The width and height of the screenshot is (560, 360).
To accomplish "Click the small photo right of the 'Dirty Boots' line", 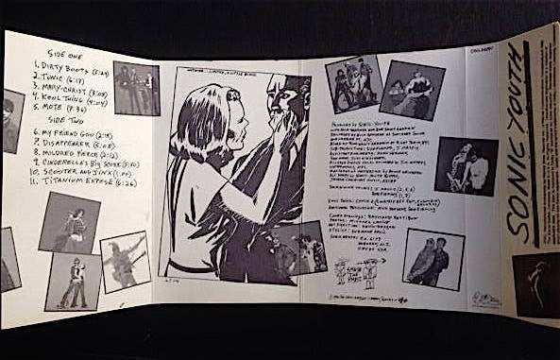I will pos(135,88).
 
